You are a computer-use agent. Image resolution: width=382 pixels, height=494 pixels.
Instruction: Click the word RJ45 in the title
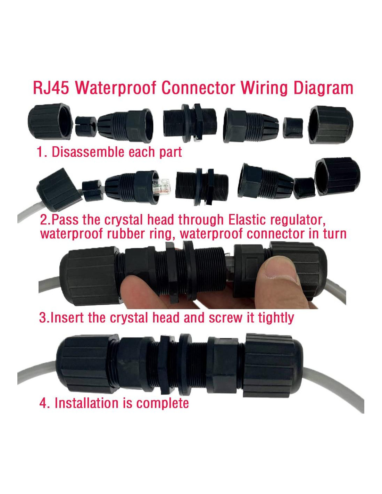tap(51, 88)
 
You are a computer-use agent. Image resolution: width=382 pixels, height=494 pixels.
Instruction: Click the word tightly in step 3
tap(276, 318)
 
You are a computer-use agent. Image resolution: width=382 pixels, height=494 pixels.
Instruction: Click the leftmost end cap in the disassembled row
tap(50, 121)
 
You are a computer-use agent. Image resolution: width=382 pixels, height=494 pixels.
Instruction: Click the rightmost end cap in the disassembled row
tap(330, 124)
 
